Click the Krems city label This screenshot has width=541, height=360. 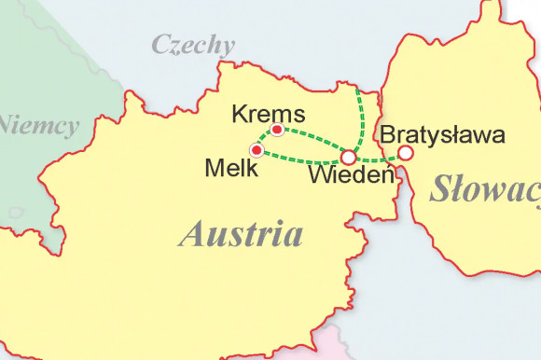(x=269, y=114)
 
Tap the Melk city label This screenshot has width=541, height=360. (x=227, y=167)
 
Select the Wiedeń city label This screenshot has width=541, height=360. (x=349, y=174)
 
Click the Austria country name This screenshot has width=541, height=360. (x=241, y=233)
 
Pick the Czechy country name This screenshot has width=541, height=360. (x=193, y=45)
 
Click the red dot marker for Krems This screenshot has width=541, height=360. (x=277, y=130)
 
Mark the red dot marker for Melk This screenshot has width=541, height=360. (x=257, y=150)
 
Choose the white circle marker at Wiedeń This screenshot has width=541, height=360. (x=348, y=157)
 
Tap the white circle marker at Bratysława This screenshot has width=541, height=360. (x=405, y=153)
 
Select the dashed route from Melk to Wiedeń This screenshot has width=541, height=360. (x=298, y=160)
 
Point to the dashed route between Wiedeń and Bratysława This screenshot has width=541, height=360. (x=377, y=159)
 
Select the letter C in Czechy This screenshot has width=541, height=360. (x=160, y=44)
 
